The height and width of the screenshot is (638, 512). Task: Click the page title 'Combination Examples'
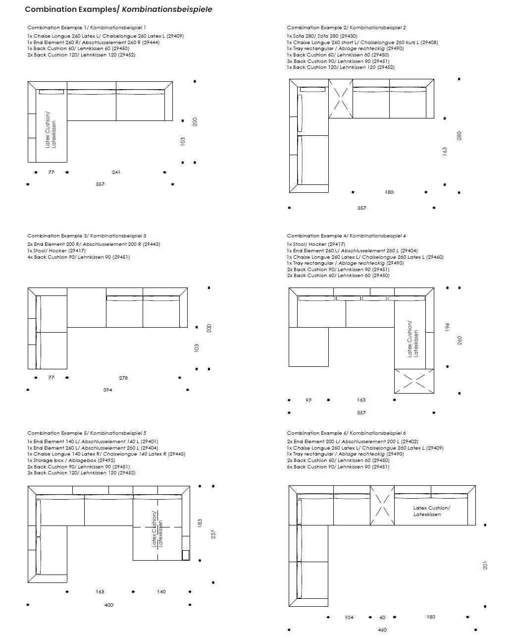72,9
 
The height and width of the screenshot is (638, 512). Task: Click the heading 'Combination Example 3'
58,236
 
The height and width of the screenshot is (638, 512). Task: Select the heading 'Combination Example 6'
317,433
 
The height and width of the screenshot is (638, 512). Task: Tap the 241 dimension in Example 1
116,173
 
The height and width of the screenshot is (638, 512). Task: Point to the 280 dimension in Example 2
459,135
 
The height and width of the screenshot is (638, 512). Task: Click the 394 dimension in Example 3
107,390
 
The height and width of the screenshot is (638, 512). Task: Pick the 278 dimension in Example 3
123,378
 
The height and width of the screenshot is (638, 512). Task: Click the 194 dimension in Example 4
447,327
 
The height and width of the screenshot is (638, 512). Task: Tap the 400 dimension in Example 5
109,605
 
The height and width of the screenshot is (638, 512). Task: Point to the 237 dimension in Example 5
213,534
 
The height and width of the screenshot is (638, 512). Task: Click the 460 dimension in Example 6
382,630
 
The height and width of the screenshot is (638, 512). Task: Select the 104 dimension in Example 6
349,618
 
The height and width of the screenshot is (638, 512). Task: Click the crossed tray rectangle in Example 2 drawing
340,99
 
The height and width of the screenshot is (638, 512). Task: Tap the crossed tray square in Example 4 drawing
414,381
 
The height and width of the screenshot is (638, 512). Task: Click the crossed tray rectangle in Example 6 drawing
382,505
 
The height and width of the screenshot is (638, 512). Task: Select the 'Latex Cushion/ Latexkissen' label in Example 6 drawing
431,511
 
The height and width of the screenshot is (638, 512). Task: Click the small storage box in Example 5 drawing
186,555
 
